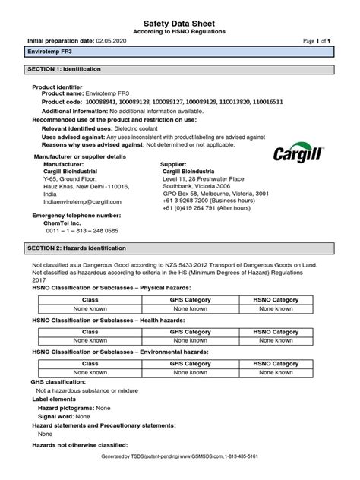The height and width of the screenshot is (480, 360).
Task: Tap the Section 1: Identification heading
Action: point(61,69)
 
